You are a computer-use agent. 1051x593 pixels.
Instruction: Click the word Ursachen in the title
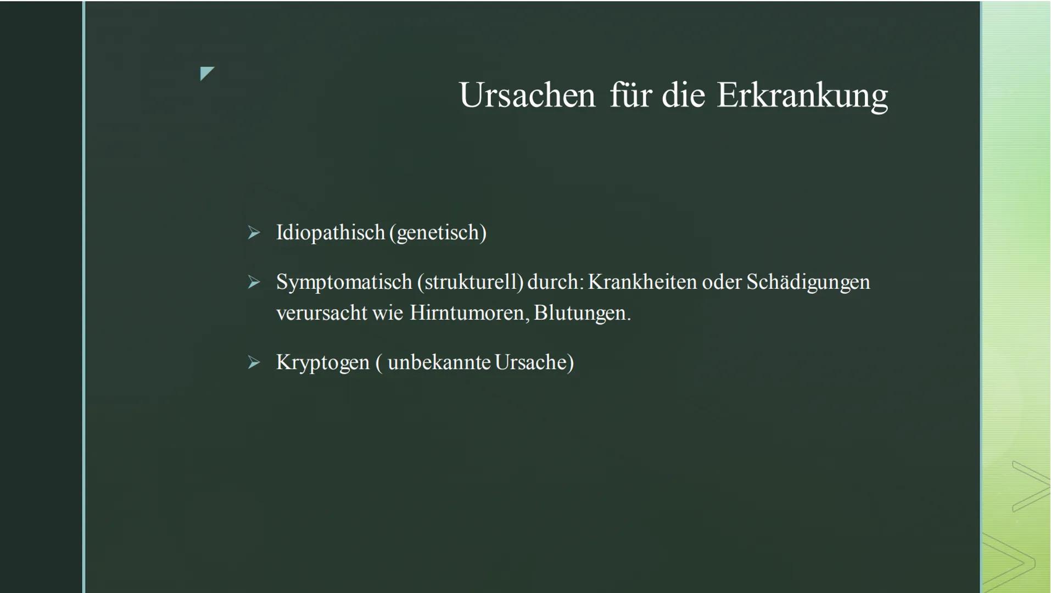coord(527,95)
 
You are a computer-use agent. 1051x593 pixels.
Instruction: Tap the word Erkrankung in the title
coord(802,97)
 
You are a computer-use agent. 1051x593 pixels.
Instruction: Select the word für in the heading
coord(629,95)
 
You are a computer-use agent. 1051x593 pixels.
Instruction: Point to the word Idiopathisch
coord(331,233)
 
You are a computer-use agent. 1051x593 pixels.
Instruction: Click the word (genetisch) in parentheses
coord(438,233)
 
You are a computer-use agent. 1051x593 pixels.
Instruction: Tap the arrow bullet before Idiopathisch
coord(254,233)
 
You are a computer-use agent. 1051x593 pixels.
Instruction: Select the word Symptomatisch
coord(344,282)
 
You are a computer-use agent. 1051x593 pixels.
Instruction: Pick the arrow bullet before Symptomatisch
coord(254,282)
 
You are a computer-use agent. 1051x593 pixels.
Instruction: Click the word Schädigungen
coord(808,282)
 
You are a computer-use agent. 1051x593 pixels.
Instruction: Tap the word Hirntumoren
coord(469,313)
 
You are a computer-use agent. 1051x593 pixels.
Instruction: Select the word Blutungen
coord(583,314)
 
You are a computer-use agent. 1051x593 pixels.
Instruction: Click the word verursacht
coord(322,314)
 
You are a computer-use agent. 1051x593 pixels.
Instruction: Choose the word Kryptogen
coord(323,363)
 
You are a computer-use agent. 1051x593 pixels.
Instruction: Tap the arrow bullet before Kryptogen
coord(254,362)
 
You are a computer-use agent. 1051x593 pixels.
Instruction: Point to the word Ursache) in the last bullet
coord(534,362)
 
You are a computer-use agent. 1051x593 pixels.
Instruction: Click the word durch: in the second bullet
coord(556,282)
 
